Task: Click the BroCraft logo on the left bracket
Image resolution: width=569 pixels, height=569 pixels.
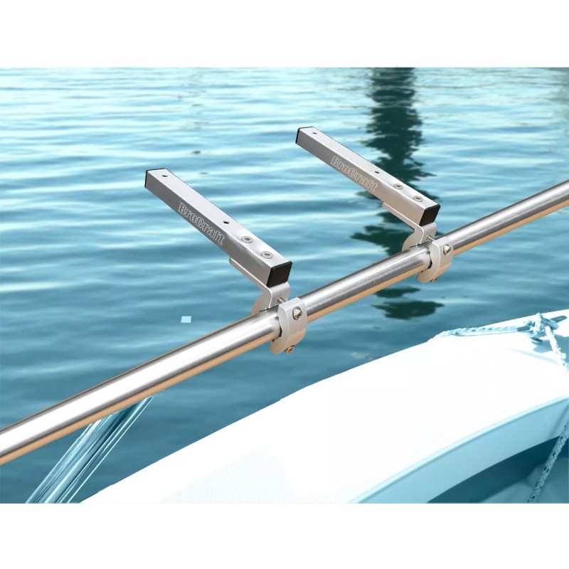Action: pyautogui.click(x=201, y=223)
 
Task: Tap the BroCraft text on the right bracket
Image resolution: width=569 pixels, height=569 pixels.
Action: pyautogui.click(x=354, y=175)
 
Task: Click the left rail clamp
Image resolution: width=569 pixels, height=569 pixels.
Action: pyautogui.click(x=289, y=324)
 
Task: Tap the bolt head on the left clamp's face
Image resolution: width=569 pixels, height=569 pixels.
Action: pyautogui.click(x=297, y=312)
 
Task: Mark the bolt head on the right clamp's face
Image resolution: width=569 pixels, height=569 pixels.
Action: pyautogui.click(x=447, y=250)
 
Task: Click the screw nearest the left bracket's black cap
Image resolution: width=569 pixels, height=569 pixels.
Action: pyautogui.click(x=265, y=253)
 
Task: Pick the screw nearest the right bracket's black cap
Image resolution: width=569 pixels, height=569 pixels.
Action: pyautogui.click(x=417, y=198)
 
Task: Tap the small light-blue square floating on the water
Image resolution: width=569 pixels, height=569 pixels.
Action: pyautogui.click(x=186, y=319)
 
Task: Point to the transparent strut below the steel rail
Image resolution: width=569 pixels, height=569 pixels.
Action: pyautogui.click(x=92, y=455)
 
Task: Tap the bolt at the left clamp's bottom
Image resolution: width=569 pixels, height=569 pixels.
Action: pyautogui.click(x=289, y=348)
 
